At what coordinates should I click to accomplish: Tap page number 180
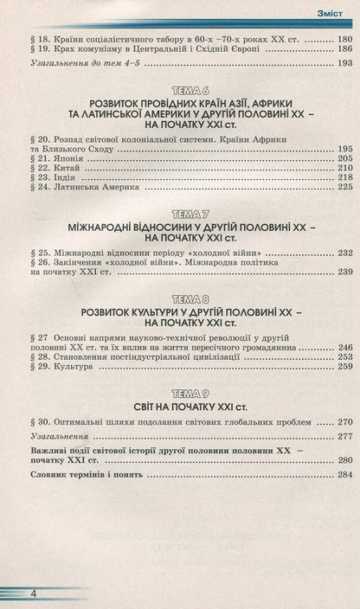tap(344, 41)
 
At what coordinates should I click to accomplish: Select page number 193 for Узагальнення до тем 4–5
tap(344, 64)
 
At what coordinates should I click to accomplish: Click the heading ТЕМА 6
tap(179, 91)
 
